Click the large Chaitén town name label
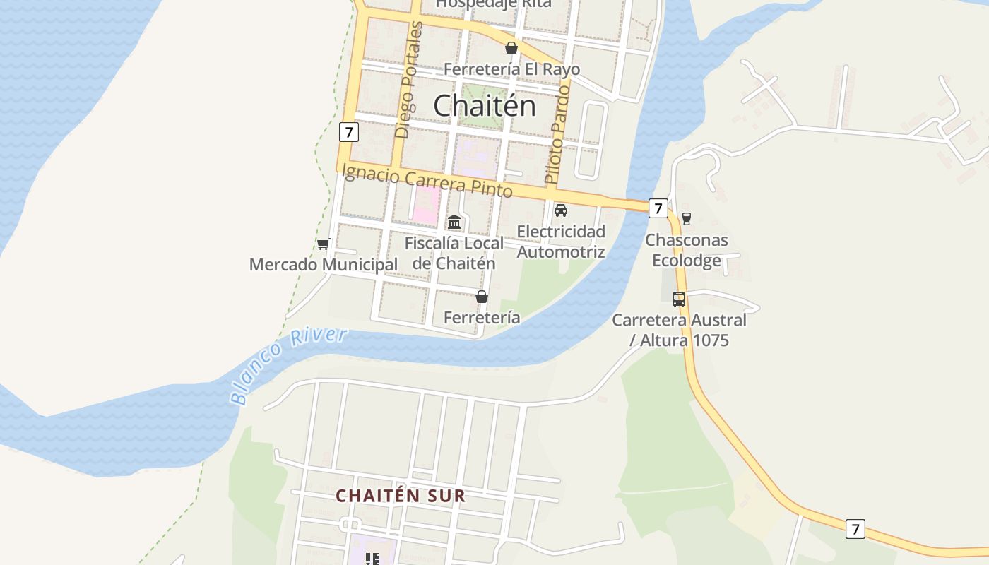click(484, 106)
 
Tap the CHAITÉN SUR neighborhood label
click(401, 496)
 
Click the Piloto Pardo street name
click(557, 134)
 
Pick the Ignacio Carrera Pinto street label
click(427, 179)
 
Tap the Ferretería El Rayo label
click(512, 69)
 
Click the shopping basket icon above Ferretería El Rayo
click(511, 49)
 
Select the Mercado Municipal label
click(324, 265)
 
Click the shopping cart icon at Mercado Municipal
click(324, 244)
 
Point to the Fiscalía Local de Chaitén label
click(454, 253)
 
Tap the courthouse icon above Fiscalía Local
click(454, 222)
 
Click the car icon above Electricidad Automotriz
click(561, 210)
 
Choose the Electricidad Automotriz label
click(561, 242)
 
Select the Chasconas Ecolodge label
click(686, 250)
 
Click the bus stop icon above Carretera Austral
click(679, 299)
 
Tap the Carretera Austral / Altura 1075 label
click(679, 330)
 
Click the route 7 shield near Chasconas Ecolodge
click(658, 208)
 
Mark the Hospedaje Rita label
click(493, 4)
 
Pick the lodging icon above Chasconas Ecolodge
click(686, 219)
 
